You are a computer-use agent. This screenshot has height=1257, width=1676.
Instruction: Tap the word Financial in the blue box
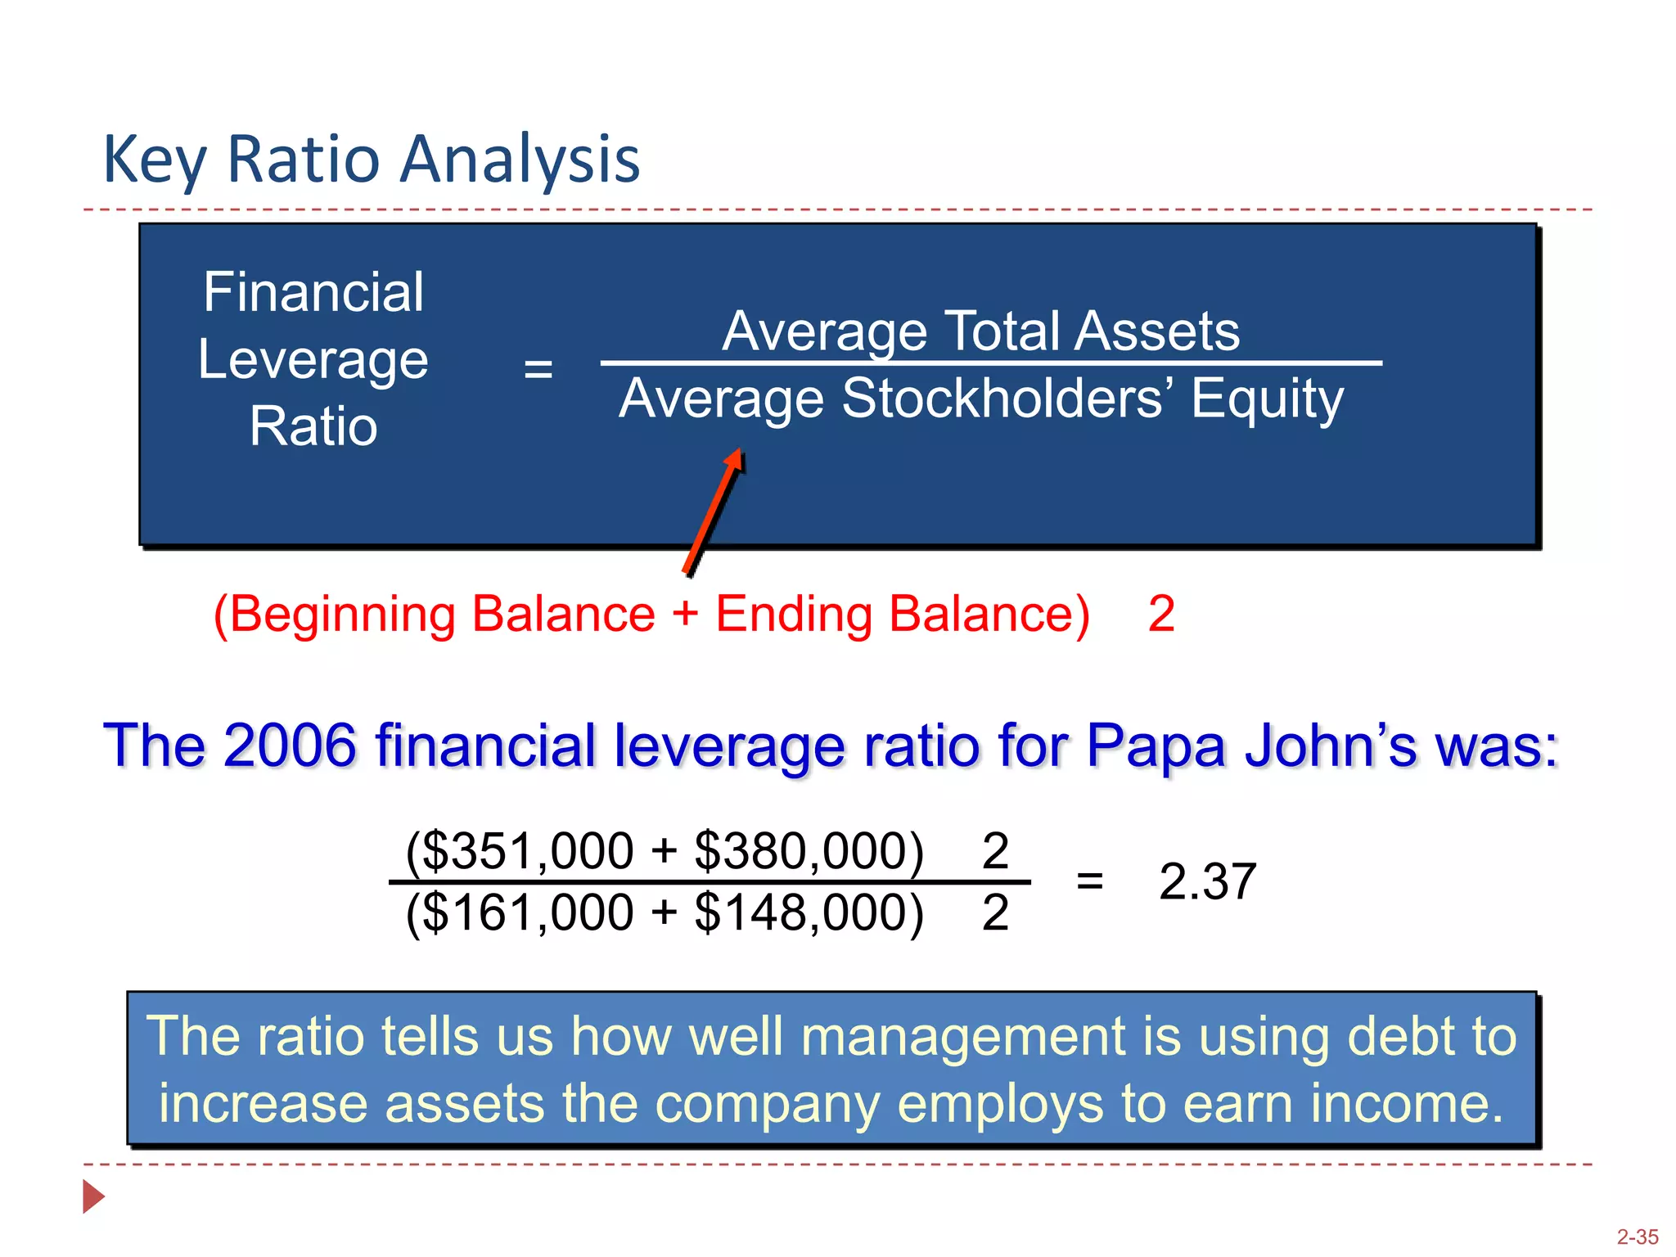(x=313, y=292)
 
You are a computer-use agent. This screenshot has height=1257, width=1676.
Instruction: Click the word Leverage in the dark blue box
(x=313, y=360)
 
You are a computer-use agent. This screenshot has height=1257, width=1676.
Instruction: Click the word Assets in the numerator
(x=1157, y=331)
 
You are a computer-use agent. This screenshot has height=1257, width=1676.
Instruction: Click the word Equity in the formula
(x=1267, y=399)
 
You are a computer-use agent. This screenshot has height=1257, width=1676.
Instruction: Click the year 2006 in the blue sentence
(x=290, y=746)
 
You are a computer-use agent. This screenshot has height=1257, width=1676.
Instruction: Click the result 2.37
(x=1207, y=882)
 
